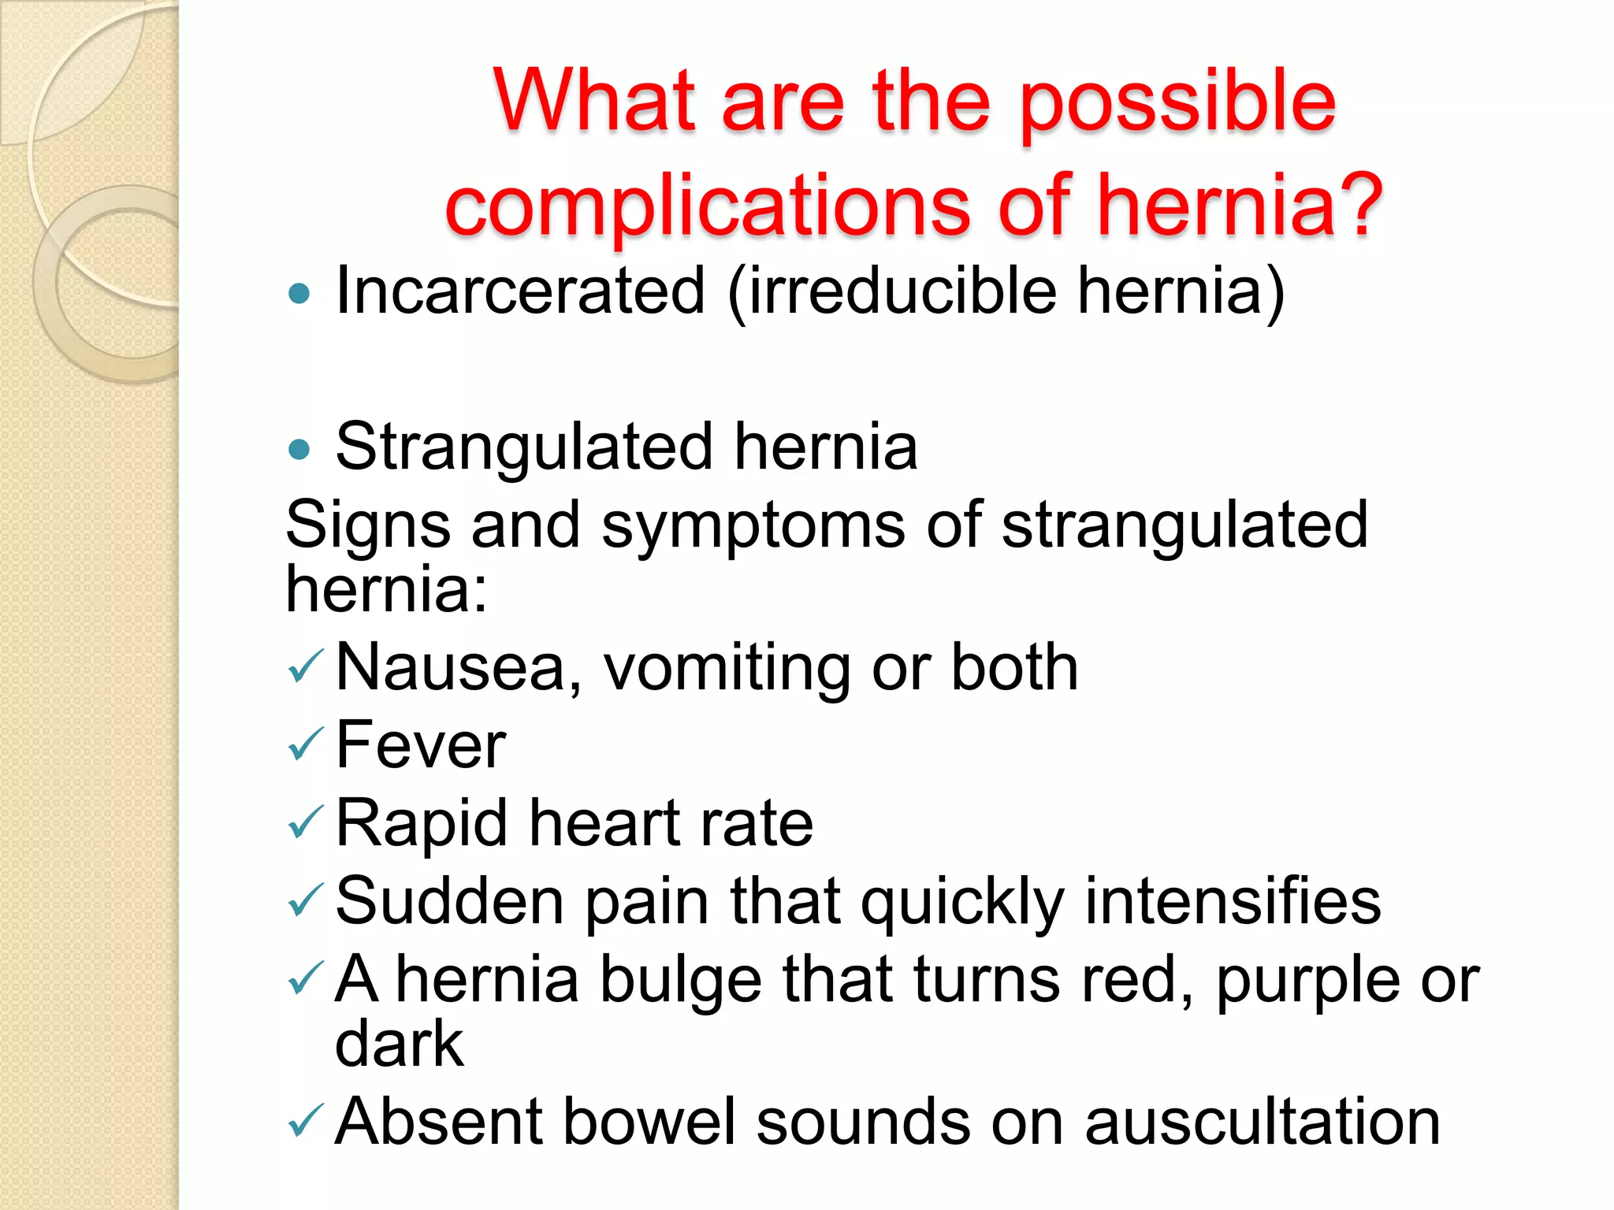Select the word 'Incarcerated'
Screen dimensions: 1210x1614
point(520,291)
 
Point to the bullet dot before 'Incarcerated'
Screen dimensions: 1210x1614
point(299,295)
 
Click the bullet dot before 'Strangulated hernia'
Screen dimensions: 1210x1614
point(299,450)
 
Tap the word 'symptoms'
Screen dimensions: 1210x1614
point(753,526)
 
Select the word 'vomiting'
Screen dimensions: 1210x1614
point(726,668)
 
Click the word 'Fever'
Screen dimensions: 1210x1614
point(421,744)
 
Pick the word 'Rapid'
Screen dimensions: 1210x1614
point(422,824)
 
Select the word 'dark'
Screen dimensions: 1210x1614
point(400,1044)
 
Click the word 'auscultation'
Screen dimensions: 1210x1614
point(1262,1121)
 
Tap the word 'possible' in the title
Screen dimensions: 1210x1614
point(1177,102)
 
